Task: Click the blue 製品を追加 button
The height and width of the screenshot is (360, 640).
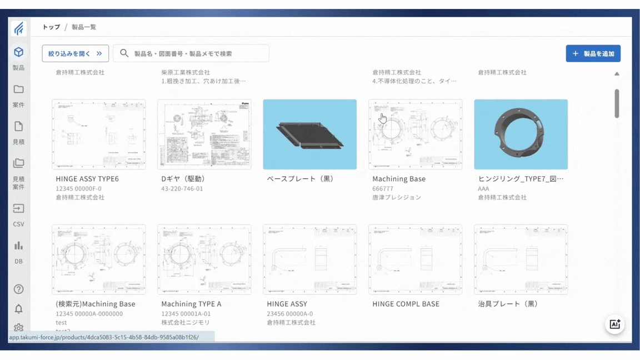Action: pos(593,54)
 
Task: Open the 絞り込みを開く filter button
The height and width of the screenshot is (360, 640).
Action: pos(75,54)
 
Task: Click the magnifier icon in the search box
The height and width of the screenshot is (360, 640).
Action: pos(124,53)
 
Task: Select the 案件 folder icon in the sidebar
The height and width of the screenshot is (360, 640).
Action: pos(18,89)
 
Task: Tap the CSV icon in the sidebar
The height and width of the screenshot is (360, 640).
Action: pos(18,209)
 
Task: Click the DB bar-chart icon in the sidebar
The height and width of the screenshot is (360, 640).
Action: pos(18,246)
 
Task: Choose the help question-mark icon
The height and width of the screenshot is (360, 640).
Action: pos(18,289)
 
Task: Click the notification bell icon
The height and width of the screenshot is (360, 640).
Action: pos(18,309)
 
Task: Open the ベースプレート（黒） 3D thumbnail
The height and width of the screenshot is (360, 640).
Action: pos(309,134)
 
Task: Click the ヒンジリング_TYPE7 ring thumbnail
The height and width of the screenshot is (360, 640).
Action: pos(521,134)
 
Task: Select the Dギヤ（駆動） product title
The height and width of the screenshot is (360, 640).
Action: pos(183,179)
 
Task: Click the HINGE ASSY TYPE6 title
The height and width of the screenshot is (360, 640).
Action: pos(87,179)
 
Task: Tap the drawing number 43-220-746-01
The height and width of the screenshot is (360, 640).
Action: pos(182,189)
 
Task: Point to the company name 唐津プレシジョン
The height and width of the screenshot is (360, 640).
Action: pos(397,198)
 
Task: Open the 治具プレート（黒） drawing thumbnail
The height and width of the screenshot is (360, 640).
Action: pos(521,259)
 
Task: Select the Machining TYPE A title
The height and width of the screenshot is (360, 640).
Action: pos(191,304)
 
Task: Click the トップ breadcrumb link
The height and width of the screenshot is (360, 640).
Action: pos(51,27)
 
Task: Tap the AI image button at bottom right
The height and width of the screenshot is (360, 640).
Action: pos(614,324)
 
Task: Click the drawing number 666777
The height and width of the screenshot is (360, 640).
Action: pos(383,189)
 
